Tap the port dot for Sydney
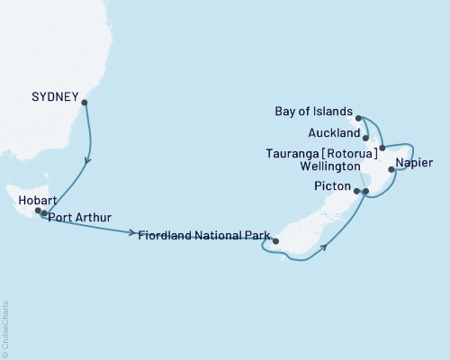click(84, 103)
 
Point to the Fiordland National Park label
click(205, 236)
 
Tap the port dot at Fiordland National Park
click(277, 241)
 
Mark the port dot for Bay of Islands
click(358, 118)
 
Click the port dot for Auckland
click(365, 138)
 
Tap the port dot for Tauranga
click(382, 148)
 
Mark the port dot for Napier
click(391, 168)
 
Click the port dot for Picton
click(357, 191)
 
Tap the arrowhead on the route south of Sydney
click(88, 162)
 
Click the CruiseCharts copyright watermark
click(5, 328)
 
